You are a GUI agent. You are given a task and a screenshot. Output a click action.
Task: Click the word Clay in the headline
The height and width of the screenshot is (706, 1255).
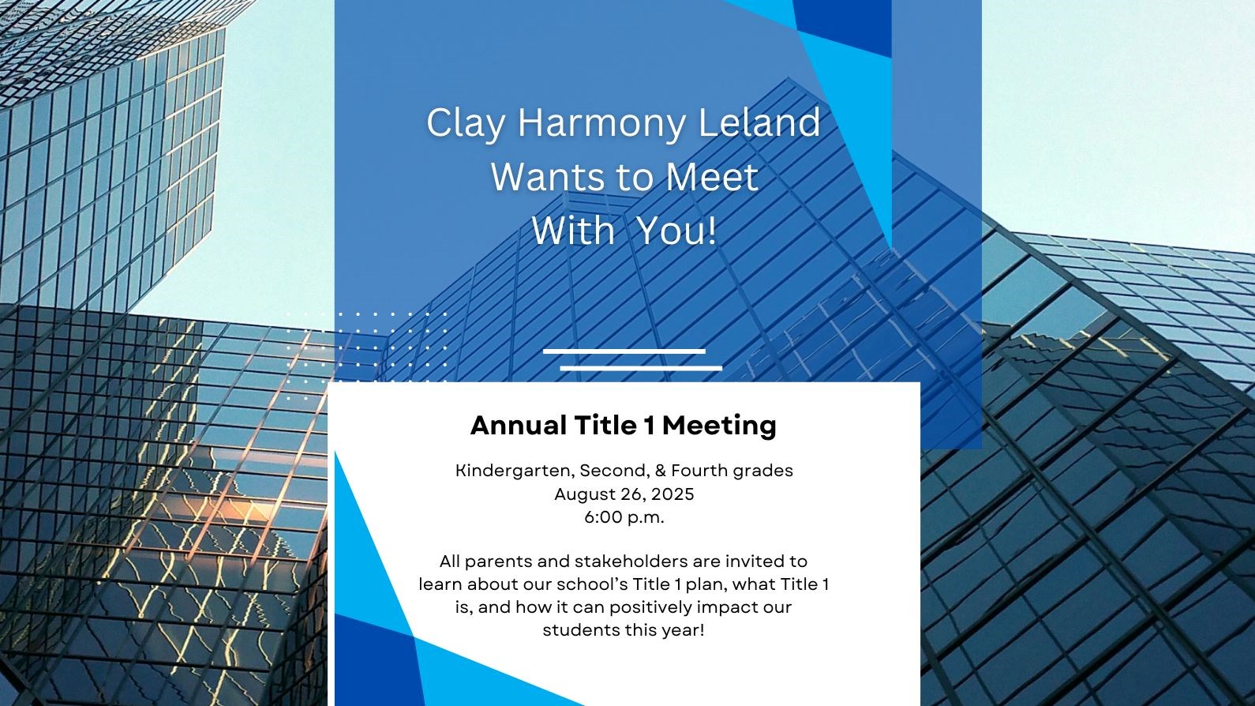pos(465,124)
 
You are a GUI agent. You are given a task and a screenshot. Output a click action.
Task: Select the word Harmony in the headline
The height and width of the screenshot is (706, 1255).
pos(601,122)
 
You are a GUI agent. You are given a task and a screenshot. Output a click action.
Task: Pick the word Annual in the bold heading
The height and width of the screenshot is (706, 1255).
pos(519,425)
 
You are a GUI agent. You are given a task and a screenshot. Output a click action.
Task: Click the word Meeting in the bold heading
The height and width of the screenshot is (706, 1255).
pos(719,426)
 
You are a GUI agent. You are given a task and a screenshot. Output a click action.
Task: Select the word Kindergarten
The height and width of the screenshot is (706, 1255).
pos(515,471)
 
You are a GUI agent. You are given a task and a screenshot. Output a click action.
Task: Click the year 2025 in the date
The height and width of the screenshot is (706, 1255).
pos(672,494)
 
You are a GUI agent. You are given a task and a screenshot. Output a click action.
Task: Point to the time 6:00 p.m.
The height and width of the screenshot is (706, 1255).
pos(624,517)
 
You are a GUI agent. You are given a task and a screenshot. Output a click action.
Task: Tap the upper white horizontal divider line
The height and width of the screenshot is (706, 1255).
pos(624,351)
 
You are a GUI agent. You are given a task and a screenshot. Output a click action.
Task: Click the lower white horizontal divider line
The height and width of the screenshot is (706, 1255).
pos(641,369)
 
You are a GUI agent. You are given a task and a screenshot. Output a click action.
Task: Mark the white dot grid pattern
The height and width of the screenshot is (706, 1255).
pos(367,356)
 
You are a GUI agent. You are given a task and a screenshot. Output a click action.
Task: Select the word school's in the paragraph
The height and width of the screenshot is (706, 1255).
pos(592,584)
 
